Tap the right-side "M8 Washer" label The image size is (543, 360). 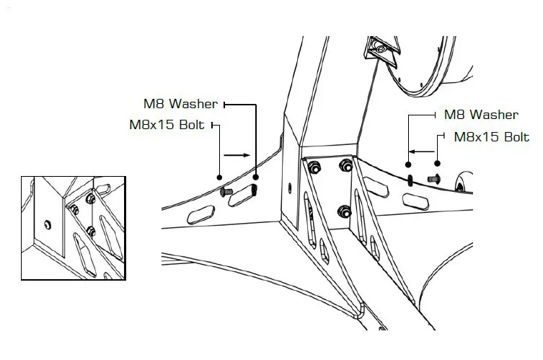point(480,115)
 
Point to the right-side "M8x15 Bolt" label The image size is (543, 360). point(491,136)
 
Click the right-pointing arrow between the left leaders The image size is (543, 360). point(237,154)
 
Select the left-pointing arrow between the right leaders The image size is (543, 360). point(423,152)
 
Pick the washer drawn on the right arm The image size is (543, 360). point(410,179)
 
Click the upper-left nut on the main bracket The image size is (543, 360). point(315,168)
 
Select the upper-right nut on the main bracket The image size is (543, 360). point(345,167)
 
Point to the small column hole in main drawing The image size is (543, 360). point(290,189)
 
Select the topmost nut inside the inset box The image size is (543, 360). point(91,198)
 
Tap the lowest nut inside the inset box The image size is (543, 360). point(90,231)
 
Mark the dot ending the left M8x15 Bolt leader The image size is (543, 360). point(220,175)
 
